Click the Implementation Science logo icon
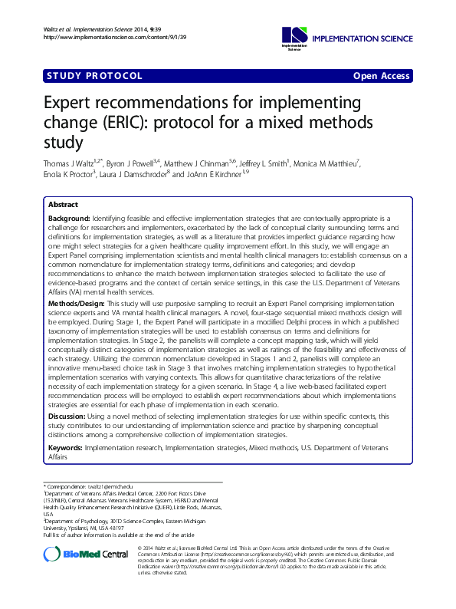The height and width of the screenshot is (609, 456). point(294,35)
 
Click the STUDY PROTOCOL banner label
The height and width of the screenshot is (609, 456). point(94,76)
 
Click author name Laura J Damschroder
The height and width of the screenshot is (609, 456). point(135,174)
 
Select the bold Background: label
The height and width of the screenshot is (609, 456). point(68,219)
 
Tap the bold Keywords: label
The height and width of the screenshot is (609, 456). point(65,446)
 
